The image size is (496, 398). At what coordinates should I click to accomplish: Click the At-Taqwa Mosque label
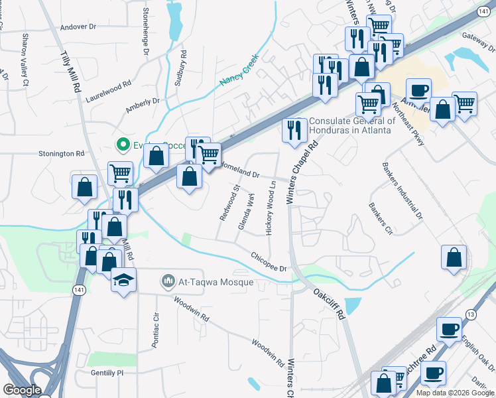tap(216, 283)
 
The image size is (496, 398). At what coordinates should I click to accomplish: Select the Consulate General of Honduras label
tap(352, 125)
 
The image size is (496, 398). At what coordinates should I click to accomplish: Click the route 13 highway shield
tap(471, 314)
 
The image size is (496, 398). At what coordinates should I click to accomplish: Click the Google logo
tap(21, 390)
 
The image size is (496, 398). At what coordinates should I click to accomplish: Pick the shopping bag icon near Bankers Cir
tap(454, 257)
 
